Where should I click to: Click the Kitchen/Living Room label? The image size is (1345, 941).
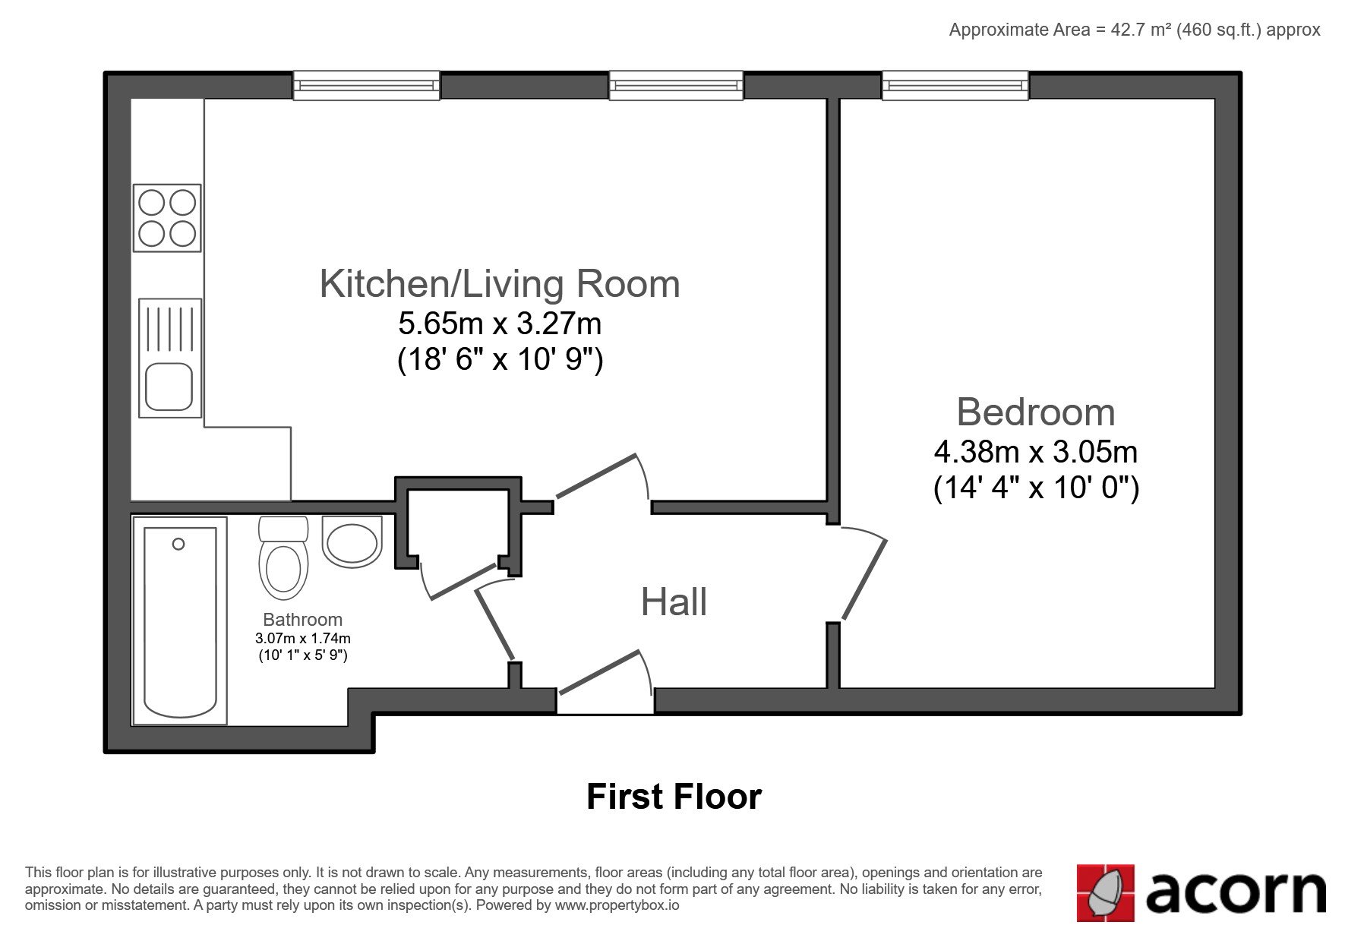tap(500, 284)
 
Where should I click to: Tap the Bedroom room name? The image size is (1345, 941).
tap(1036, 412)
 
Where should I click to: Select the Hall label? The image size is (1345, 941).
tap(674, 602)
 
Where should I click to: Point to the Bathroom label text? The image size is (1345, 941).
tap(303, 620)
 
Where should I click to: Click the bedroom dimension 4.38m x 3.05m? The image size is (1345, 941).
tap(1036, 453)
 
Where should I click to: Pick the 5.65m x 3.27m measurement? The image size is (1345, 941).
tap(500, 324)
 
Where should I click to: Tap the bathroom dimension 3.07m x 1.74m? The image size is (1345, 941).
tap(303, 639)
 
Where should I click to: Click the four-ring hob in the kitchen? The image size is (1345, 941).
tap(167, 218)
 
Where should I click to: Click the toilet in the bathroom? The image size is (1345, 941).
tap(283, 557)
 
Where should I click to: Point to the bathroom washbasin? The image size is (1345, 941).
tap(352, 542)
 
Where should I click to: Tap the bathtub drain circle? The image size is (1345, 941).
tap(178, 544)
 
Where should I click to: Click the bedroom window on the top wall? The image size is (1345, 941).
tap(955, 85)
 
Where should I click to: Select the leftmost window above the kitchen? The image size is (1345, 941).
tap(366, 85)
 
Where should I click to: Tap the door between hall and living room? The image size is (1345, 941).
tap(595, 476)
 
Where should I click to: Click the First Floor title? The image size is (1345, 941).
tap(674, 797)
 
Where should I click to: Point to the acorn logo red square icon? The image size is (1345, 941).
tap(1106, 893)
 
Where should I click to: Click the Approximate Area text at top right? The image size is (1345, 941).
tap(1135, 30)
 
